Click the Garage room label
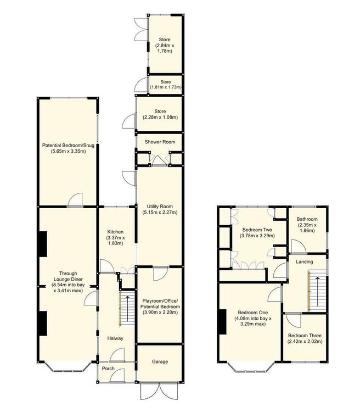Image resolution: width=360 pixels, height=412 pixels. [x=160, y=362]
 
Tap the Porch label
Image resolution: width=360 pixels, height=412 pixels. [x=108, y=369]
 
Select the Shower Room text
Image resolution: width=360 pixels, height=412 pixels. [x=160, y=142]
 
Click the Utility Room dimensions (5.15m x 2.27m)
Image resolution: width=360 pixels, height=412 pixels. [x=160, y=212]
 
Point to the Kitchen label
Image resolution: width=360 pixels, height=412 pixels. [x=115, y=232]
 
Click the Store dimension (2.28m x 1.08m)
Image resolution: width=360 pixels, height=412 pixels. [x=160, y=117]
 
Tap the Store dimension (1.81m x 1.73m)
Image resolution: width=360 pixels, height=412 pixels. [x=166, y=87]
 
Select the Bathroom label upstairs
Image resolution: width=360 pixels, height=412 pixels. [x=307, y=219]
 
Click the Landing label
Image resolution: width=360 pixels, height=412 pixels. [x=305, y=261]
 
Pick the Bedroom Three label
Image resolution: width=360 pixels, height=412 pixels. [x=305, y=336]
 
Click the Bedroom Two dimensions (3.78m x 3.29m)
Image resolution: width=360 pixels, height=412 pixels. [x=257, y=236]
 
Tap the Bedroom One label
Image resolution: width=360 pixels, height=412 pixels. [x=252, y=313]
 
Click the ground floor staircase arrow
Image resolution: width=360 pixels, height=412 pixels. [x=128, y=309]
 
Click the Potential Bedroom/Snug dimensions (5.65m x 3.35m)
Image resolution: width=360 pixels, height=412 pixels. [x=68, y=152]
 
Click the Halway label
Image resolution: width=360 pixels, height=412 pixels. [x=115, y=338]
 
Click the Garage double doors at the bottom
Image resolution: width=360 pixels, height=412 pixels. [x=160, y=391]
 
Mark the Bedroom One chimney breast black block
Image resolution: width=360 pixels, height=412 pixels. [x=223, y=321]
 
